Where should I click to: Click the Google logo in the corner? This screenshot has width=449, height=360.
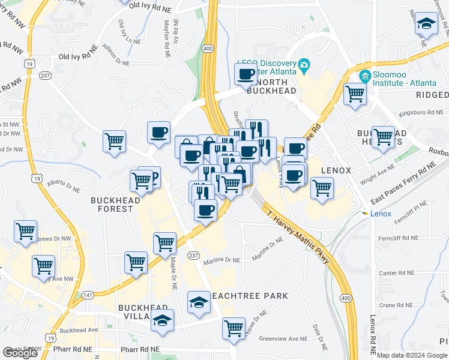(20, 353)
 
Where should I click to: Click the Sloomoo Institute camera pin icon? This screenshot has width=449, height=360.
(364, 77)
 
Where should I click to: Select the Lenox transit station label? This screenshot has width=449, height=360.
(381, 214)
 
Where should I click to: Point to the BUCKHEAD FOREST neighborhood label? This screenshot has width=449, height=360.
(112, 204)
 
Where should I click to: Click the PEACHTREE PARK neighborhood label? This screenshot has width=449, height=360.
(251, 296)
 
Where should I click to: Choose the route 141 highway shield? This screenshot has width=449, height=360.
(88, 295)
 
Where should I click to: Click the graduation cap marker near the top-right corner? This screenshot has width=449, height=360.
(427, 24)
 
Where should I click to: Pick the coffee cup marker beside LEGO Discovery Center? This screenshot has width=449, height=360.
(246, 75)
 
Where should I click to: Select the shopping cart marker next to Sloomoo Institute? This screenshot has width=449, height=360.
(355, 93)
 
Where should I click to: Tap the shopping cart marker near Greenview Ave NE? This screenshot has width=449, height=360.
(233, 328)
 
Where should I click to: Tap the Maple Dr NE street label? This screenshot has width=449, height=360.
(172, 273)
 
